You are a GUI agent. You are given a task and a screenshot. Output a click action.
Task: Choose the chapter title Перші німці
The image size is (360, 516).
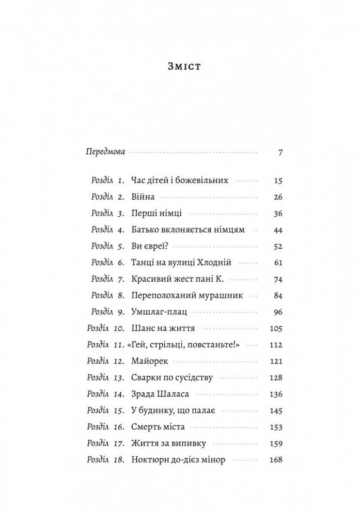(x=157, y=213)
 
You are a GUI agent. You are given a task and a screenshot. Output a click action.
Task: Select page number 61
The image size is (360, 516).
(x=278, y=263)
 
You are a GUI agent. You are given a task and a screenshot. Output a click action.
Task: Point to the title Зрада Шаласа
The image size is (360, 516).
(x=161, y=394)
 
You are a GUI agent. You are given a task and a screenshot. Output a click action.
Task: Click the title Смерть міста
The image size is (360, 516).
(x=159, y=427)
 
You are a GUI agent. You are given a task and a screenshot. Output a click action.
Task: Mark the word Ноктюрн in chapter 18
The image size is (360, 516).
(x=149, y=460)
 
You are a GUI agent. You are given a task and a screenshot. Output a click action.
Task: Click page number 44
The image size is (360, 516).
(x=278, y=230)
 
